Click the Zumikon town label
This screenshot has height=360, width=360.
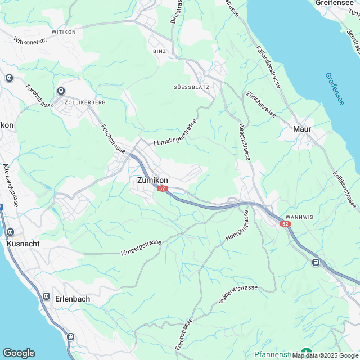coord(152,181)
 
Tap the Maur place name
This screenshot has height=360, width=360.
coord(302,129)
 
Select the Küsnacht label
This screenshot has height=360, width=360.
coord(22,245)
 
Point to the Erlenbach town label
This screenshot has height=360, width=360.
coord(72,299)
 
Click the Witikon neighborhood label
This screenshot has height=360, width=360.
coord(64,33)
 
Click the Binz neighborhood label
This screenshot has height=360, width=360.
coord(159,51)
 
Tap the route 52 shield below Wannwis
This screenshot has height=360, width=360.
coord(286,224)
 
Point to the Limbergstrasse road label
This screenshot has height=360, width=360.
coord(141,248)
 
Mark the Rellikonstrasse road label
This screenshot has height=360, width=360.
coord(345,189)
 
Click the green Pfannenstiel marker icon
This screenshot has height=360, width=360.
coord(306,352)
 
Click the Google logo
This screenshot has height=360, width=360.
coord(19,353)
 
